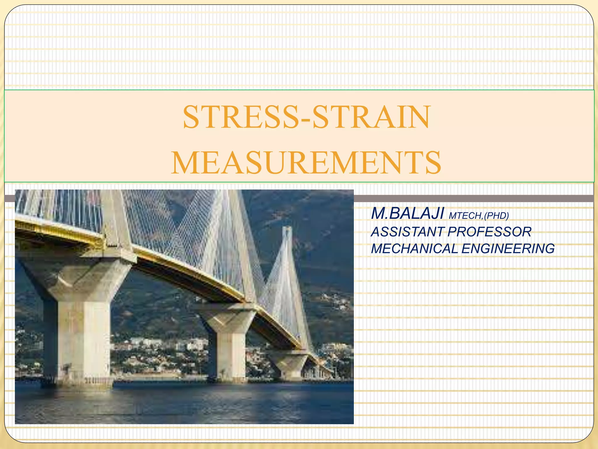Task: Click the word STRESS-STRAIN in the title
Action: [306, 117]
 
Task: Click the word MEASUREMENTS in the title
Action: [306, 163]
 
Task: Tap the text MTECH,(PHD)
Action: [479, 216]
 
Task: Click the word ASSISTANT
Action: [408, 232]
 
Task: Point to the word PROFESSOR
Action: [489, 232]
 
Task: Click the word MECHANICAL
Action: [414, 249]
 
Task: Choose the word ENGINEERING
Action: [508, 249]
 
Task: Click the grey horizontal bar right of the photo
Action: [473, 198]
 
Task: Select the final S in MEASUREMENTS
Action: [432, 163]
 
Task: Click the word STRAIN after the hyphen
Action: [371, 117]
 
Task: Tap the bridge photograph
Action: [184, 307]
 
